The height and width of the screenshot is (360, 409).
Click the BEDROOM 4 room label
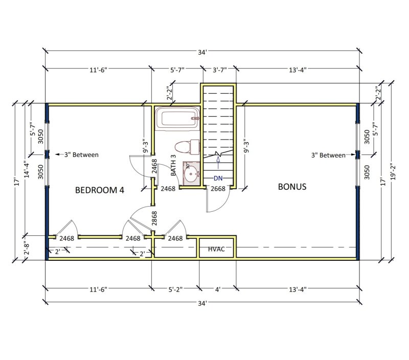pyautogui.click(x=100, y=190)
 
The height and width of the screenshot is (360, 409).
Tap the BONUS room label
pyautogui.click(x=292, y=187)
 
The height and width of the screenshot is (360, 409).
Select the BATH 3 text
pyautogui.click(x=173, y=165)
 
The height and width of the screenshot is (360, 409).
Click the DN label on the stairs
pyautogui.click(x=218, y=178)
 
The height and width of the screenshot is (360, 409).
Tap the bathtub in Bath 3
pyautogui.click(x=177, y=119)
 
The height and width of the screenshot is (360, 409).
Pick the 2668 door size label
pyautogui.click(x=218, y=189)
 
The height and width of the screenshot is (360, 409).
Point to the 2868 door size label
pyautogui.click(x=154, y=218)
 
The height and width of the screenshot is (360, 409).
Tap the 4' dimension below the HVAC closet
pyautogui.click(x=217, y=289)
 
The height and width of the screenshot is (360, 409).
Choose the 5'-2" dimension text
pyautogui.click(x=175, y=289)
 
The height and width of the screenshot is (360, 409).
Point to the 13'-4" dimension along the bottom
pyautogui.click(x=297, y=289)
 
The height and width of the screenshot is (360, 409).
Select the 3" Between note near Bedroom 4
pyautogui.click(x=81, y=154)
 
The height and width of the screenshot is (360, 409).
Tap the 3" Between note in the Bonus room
pyautogui.click(x=328, y=155)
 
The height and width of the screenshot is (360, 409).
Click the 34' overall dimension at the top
pyautogui.click(x=202, y=52)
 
